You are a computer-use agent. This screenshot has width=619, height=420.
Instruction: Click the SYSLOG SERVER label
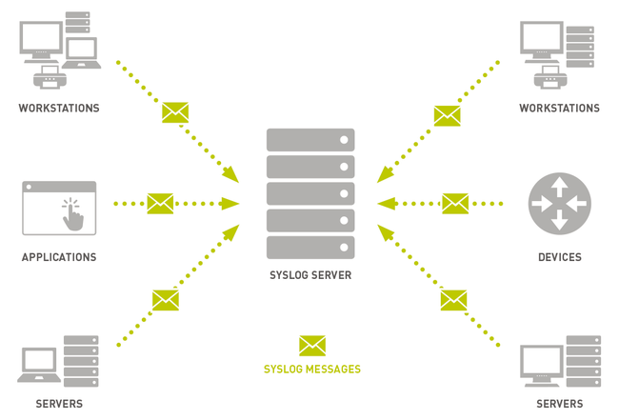pos(309,275)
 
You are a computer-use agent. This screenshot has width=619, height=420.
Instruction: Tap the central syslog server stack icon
pos(310,194)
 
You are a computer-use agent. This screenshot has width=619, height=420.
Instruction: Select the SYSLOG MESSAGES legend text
pos(312,369)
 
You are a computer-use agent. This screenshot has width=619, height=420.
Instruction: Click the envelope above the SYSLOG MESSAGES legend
pos(312,346)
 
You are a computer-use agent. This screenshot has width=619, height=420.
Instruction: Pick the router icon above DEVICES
pos(560,204)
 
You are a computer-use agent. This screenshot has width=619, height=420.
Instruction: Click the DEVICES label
pos(560,257)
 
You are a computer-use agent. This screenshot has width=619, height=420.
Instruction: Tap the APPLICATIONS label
pos(59,257)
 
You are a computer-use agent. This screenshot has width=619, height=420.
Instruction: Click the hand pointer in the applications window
pos(72,215)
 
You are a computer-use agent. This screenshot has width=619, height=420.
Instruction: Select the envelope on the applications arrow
pos(160,203)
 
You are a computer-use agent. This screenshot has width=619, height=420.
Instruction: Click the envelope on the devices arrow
pos(455,203)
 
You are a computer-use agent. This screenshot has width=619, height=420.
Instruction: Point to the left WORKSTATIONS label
pos(59,109)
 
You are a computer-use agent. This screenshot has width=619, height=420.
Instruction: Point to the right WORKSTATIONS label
pos(560,109)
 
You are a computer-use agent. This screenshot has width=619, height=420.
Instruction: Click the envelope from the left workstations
pos(175,112)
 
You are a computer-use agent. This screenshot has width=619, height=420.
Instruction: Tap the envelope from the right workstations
pos(448,116)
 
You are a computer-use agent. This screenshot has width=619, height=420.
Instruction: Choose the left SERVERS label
pos(59,404)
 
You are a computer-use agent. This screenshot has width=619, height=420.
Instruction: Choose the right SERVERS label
pos(560,404)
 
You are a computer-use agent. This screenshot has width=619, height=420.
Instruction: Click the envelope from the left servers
pos(166,300)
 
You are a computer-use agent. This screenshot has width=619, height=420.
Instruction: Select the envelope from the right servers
pos(453,300)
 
